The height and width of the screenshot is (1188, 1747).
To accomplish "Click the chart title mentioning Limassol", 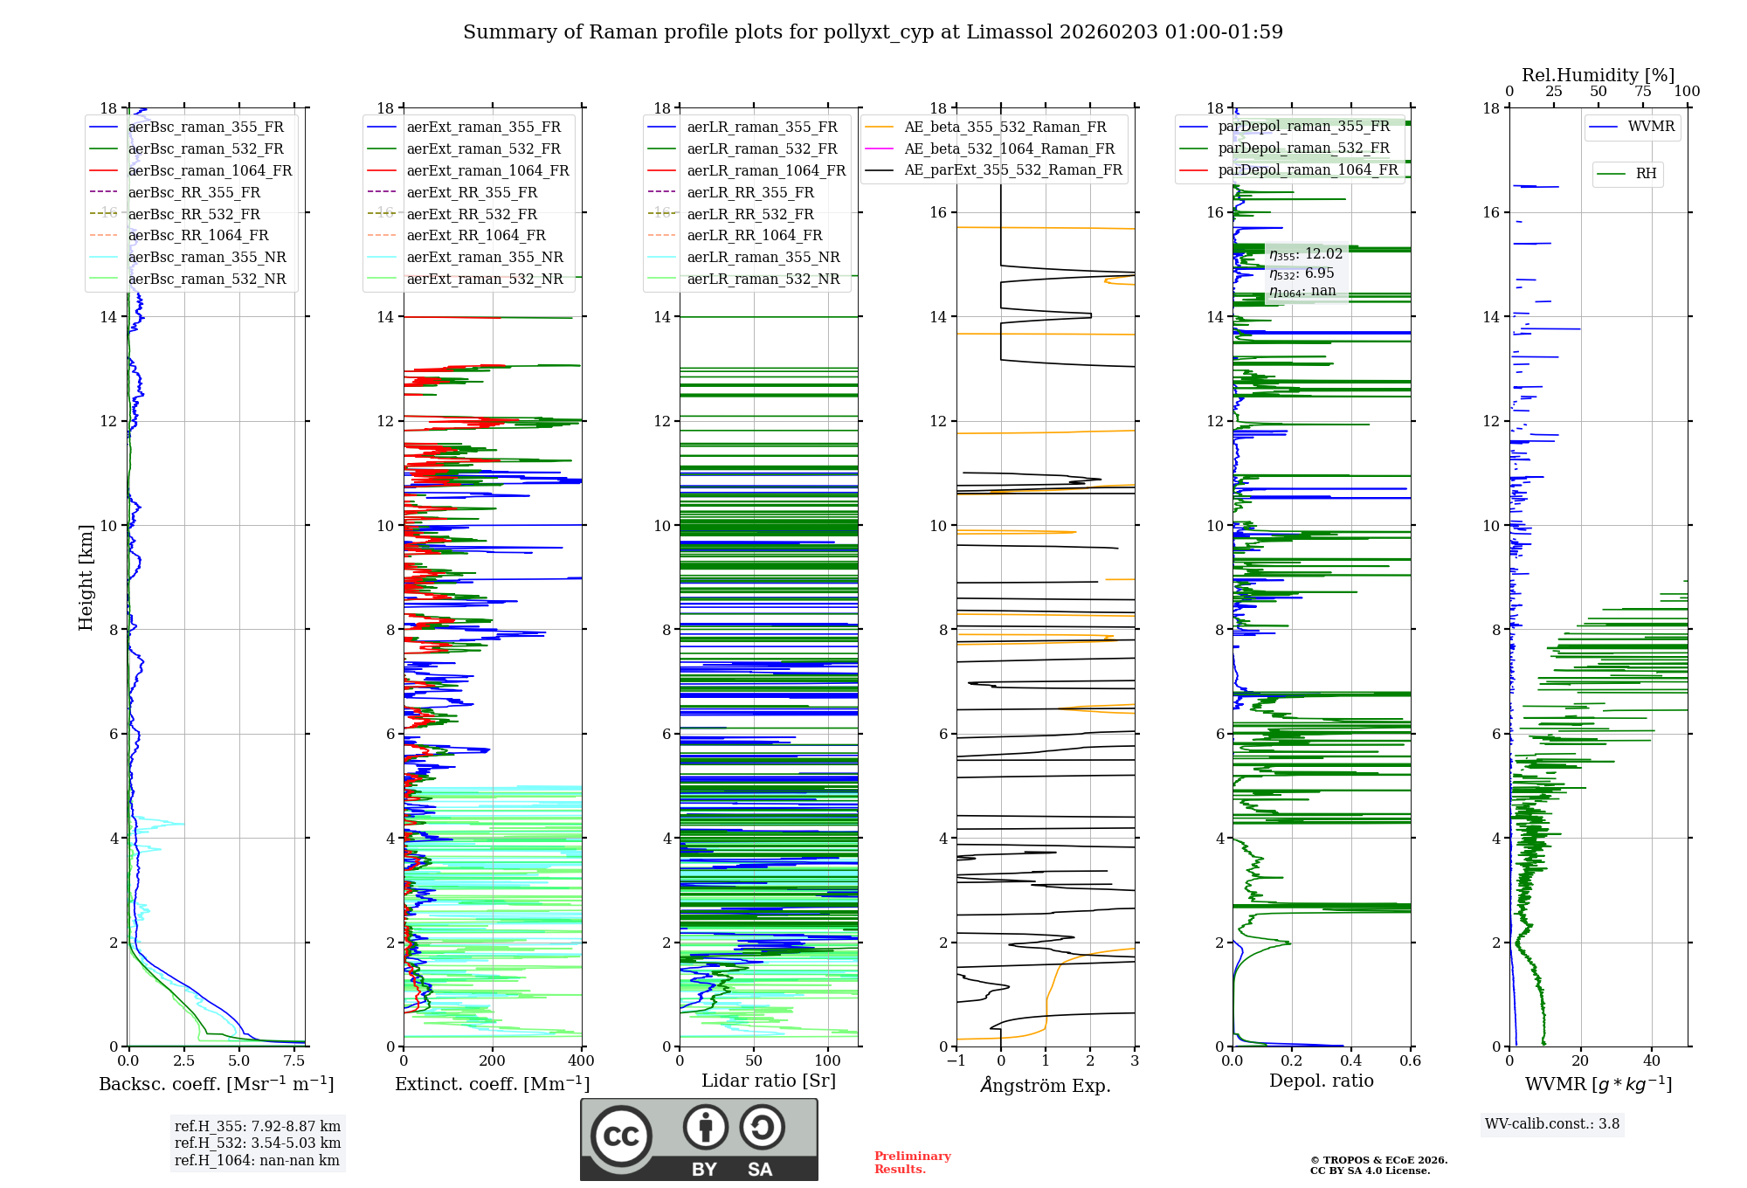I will click(x=873, y=32).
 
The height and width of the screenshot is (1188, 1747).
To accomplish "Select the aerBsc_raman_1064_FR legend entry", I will click(x=210, y=170).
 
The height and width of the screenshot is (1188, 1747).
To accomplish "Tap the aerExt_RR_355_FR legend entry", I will click(x=472, y=192).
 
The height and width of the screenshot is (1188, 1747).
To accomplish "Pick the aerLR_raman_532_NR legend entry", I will click(x=763, y=279).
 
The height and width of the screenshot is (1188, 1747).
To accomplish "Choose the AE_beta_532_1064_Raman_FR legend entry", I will click(x=1009, y=148).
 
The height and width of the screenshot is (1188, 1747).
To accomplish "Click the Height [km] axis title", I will click(x=86, y=577).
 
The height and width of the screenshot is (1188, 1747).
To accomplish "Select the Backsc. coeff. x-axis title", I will click(x=216, y=1084).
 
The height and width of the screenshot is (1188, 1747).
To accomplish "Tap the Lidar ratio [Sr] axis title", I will click(x=769, y=1081).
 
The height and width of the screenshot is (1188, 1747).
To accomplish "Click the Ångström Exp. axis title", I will click(x=1046, y=1085).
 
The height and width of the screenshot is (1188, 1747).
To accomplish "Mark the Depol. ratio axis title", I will click(x=1321, y=1081).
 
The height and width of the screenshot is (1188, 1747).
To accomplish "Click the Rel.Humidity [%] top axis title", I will click(x=1598, y=75).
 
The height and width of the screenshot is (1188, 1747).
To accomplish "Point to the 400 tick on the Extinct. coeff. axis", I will click(x=581, y=1060).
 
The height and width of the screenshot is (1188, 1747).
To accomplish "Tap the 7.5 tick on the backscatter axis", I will click(x=294, y=1060).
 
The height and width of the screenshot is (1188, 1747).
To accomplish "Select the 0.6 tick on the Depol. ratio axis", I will click(x=1410, y=1060).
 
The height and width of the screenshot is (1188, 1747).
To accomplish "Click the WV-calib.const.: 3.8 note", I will click(x=1551, y=1124).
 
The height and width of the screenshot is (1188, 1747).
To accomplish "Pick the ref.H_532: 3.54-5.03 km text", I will click(x=258, y=1143).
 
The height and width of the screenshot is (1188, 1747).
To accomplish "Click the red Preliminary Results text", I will click(x=912, y=1163).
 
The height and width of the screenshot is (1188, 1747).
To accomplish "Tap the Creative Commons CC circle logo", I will click(x=621, y=1136).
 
